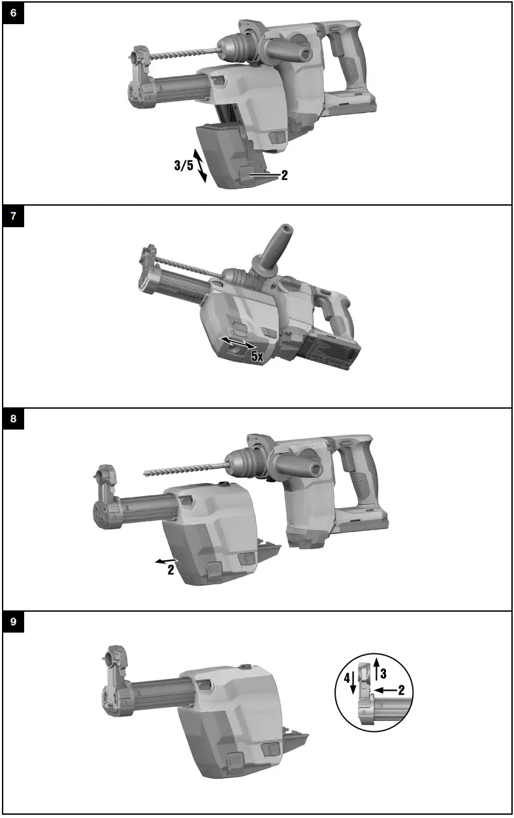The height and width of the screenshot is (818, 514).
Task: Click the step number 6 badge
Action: (x=14, y=13)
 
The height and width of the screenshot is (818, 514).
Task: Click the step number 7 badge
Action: (x=14, y=216)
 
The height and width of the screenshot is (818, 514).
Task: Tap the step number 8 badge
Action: (x=14, y=419)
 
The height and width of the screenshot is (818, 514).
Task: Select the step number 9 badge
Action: (x=14, y=622)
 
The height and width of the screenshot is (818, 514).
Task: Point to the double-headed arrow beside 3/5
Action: (x=202, y=164)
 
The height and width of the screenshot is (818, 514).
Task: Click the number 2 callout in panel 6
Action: (x=285, y=176)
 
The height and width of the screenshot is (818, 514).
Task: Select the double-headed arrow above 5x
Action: (x=237, y=343)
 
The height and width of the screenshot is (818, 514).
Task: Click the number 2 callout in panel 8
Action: (x=170, y=569)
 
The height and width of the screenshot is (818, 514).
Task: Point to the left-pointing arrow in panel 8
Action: (x=164, y=559)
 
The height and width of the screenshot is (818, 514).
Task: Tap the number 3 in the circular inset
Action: (x=384, y=672)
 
